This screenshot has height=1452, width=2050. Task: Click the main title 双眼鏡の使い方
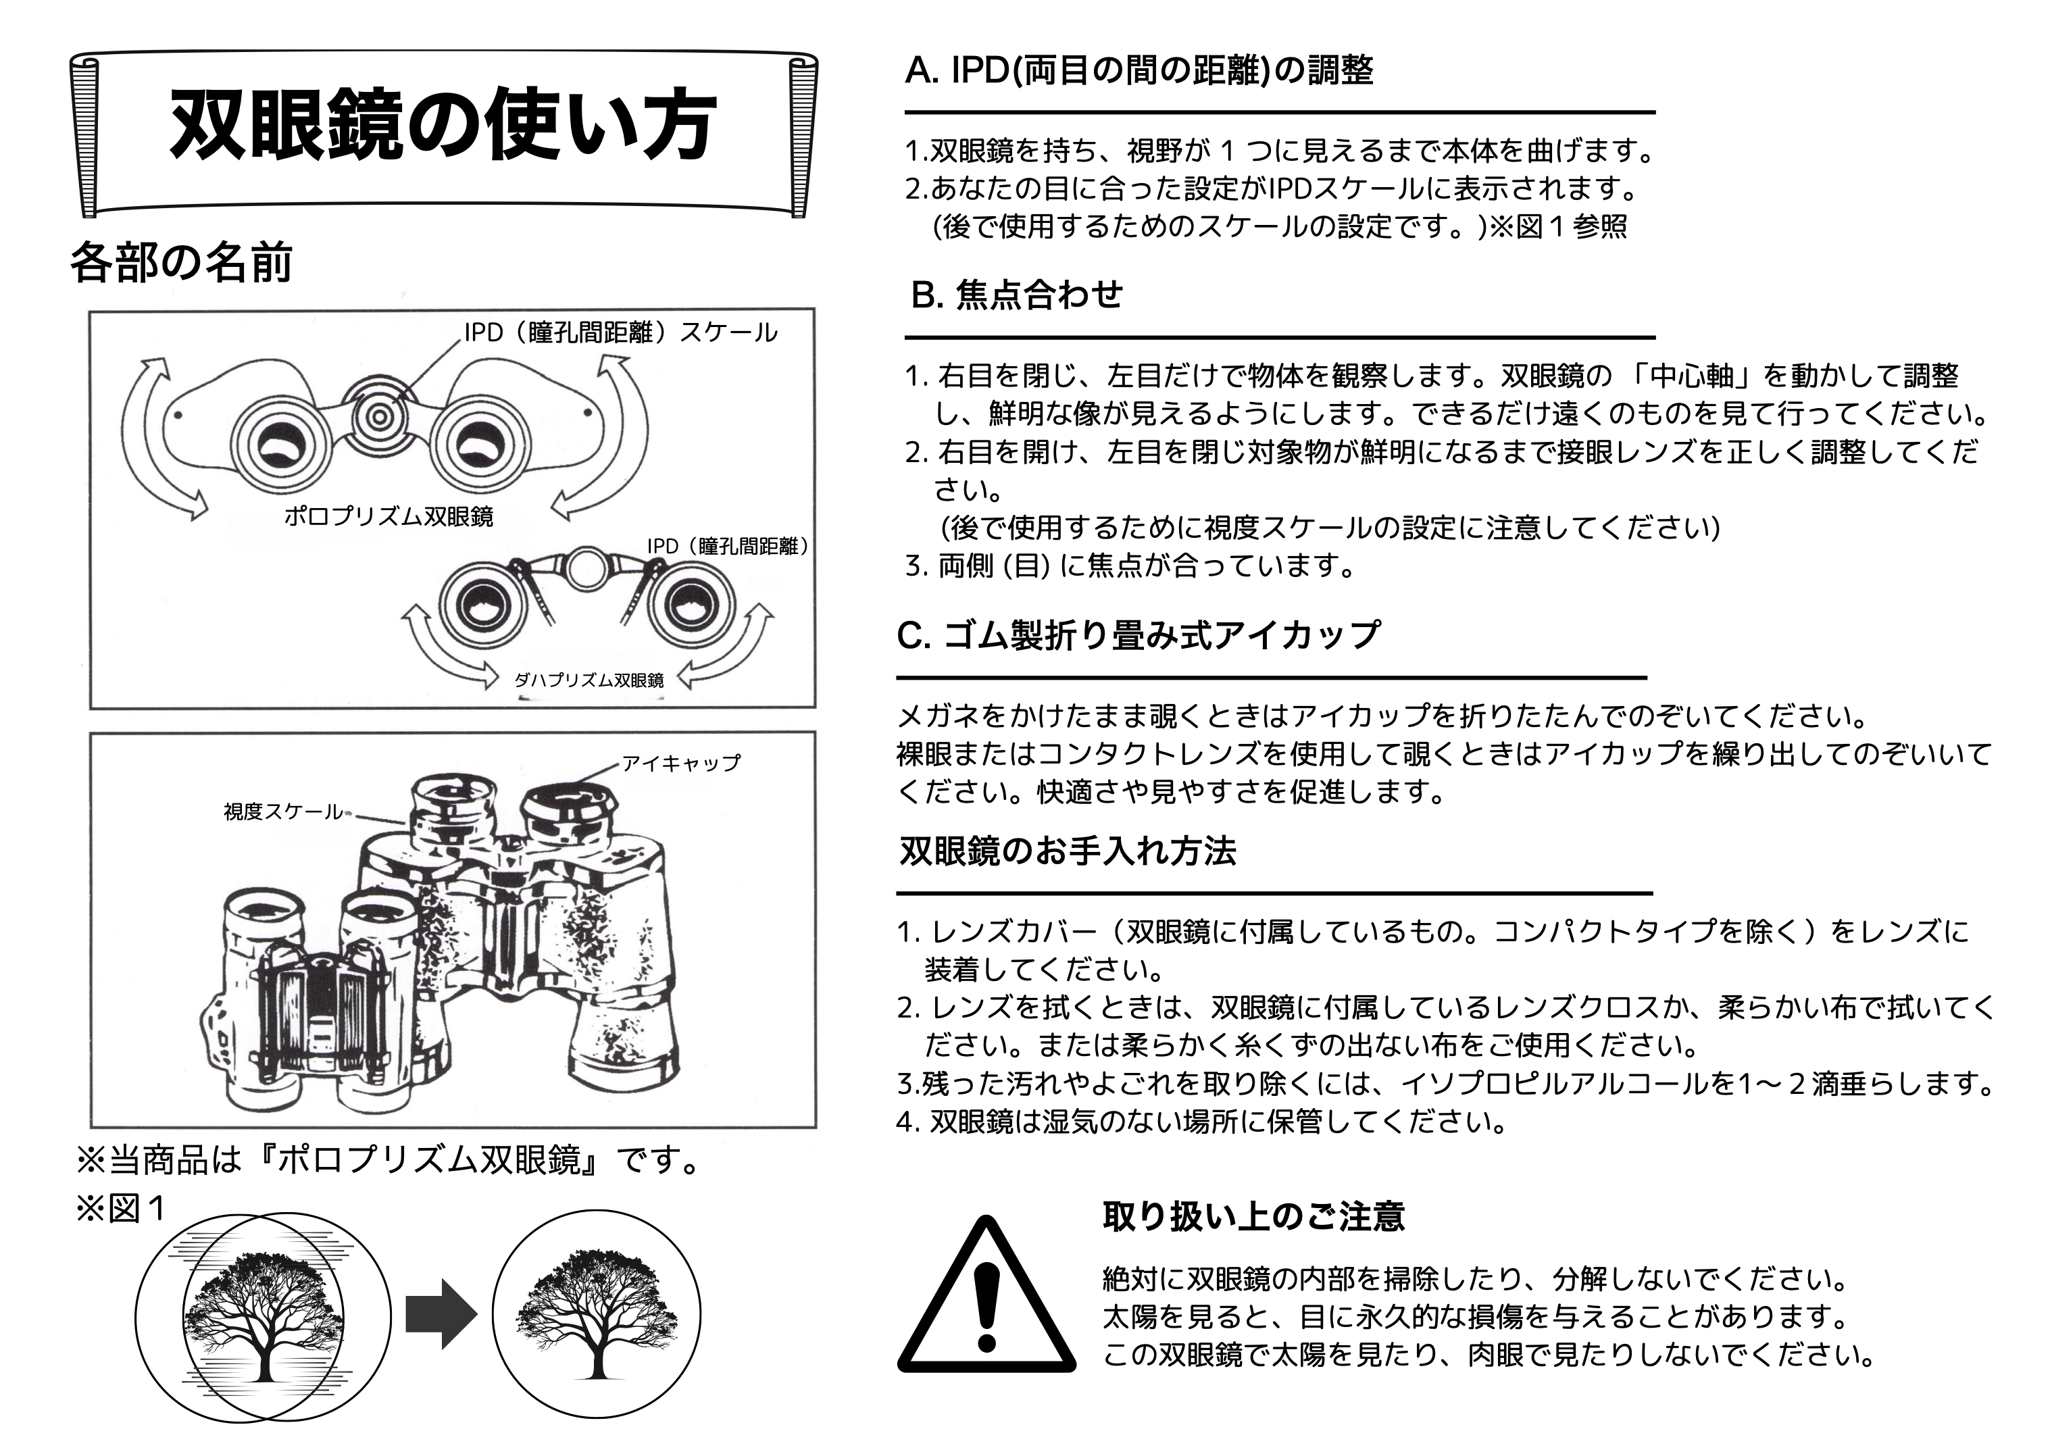click(443, 125)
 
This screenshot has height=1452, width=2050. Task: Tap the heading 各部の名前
click(182, 263)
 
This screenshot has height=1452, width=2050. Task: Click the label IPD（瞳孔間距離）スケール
click(620, 332)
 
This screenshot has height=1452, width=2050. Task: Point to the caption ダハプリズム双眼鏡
click(589, 680)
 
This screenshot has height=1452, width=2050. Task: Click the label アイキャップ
click(681, 763)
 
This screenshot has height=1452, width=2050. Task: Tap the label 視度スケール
click(282, 812)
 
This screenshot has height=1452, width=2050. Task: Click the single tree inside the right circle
click(597, 1314)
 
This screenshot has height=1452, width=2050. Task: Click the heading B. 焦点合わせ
click(1016, 294)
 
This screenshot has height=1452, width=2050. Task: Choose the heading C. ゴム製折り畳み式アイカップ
click(1138, 635)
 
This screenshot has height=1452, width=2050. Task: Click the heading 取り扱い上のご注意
click(1253, 1216)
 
